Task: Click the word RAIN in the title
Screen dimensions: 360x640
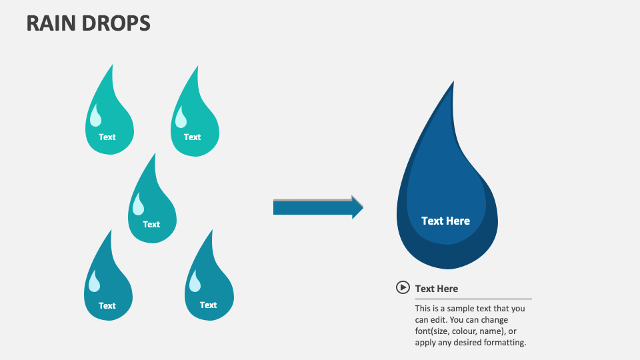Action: point(51,23)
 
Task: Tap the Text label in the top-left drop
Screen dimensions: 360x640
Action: point(107,137)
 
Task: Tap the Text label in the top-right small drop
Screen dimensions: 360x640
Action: point(192,137)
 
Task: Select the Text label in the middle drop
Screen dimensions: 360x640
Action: point(151,224)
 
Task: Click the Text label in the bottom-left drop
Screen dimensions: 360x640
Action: point(107,305)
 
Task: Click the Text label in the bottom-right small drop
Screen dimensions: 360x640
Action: point(208,305)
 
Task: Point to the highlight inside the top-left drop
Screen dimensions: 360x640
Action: point(96,117)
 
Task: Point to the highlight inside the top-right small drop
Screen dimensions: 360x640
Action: point(181,117)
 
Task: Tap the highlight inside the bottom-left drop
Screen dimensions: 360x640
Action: point(95,283)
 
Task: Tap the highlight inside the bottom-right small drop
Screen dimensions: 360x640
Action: point(195,283)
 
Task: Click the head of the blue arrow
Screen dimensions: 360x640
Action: point(357,207)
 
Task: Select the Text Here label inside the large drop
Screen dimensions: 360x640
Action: point(445,221)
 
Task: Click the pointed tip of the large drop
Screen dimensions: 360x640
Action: point(453,83)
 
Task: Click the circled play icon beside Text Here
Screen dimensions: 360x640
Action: point(403,287)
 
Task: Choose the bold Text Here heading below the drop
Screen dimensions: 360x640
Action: point(437,289)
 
